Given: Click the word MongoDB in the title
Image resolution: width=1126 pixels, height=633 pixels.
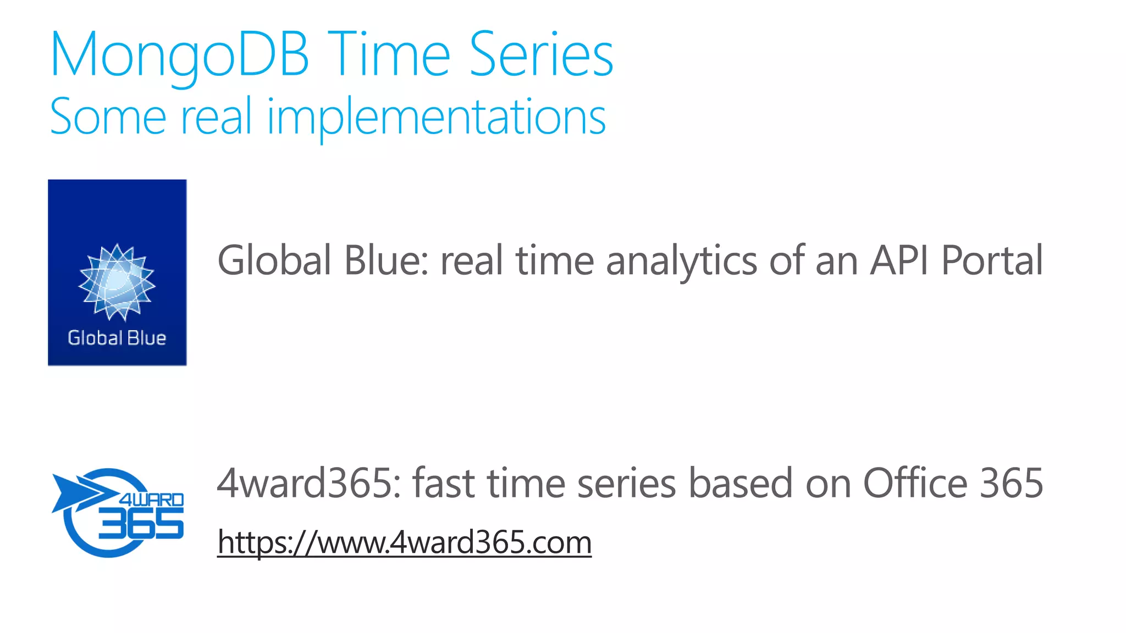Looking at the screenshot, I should click(x=179, y=55).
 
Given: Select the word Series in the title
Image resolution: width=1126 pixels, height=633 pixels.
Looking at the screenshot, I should click(x=541, y=55).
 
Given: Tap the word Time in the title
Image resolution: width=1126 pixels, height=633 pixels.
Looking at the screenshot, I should click(x=391, y=55).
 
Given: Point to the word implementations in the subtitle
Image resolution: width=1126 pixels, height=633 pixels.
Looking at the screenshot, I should click(x=437, y=117).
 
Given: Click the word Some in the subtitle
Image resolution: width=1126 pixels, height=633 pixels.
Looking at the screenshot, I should click(x=108, y=117).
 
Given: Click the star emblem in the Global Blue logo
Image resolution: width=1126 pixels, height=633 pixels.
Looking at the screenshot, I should click(x=117, y=282).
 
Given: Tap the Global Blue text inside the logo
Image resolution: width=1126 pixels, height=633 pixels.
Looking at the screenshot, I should click(x=117, y=338).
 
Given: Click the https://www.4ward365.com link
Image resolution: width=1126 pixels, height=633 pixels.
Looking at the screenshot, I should click(x=404, y=542).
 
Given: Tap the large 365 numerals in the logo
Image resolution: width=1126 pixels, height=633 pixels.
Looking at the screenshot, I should click(x=141, y=523).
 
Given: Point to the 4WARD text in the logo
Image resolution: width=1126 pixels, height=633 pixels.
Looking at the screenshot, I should click(x=152, y=499).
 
